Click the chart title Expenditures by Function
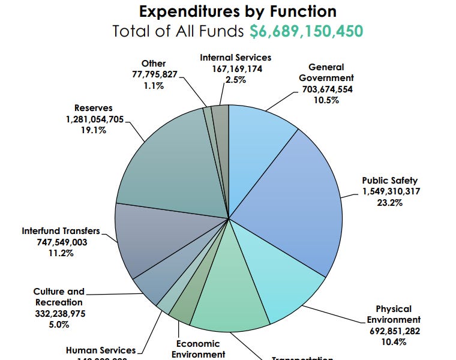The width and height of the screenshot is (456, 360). point(238,11)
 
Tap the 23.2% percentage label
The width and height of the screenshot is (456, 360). point(390,202)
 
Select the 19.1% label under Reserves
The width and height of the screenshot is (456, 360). point(94,130)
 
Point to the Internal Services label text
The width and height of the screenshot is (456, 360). point(236,58)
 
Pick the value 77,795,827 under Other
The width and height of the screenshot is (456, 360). point(154,74)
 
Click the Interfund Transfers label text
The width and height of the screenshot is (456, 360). point(61,231)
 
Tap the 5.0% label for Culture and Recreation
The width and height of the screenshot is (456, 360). point(59,325)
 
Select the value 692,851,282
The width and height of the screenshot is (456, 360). point(394,331)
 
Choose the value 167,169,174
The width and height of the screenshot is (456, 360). point(235,68)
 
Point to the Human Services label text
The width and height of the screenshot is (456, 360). point(101,350)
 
